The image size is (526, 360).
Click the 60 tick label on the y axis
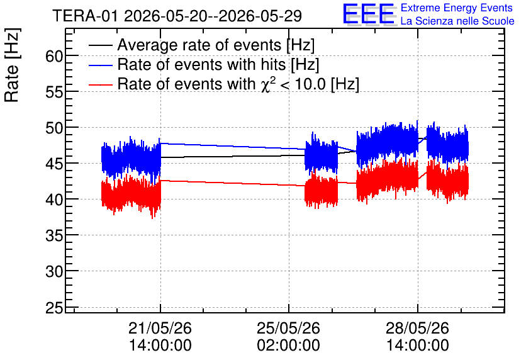click(x=54, y=56)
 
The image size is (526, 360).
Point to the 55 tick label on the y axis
click(x=54, y=92)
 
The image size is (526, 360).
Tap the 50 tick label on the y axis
click(x=54, y=128)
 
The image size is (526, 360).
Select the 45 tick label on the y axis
click(x=54, y=164)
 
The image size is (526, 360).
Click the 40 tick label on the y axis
click(x=54, y=200)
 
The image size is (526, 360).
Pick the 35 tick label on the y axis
click(x=54, y=235)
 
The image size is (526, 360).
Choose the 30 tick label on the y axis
click(x=54, y=271)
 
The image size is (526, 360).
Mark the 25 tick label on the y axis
click(x=54, y=307)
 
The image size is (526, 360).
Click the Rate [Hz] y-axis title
click(x=12, y=65)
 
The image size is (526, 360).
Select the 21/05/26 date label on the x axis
click(x=160, y=328)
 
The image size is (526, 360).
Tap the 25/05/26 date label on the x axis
click(x=289, y=328)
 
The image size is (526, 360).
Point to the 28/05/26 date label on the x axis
click(x=417, y=328)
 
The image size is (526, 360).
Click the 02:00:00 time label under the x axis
click(x=289, y=346)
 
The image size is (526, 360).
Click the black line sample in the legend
click(x=100, y=45)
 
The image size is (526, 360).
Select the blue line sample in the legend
click(x=100, y=65)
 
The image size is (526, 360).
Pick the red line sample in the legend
click(x=100, y=84)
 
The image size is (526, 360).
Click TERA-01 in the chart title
click(x=85, y=16)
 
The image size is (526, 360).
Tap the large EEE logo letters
click(x=368, y=14)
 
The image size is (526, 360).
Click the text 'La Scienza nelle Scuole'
click(x=457, y=21)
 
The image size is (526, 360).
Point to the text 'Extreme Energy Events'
click(x=457, y=8)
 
